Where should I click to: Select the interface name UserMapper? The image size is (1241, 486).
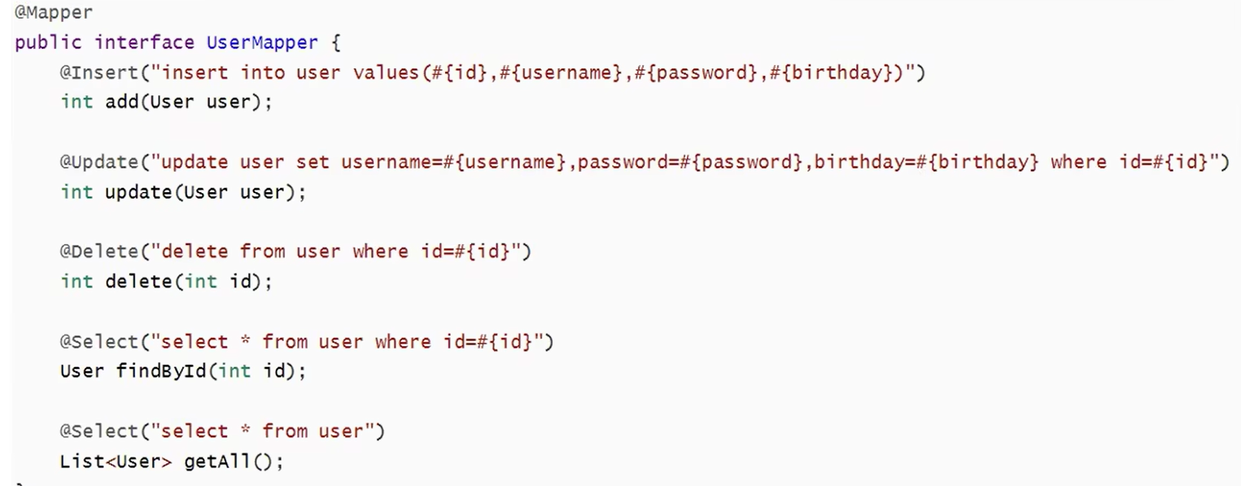(263, 42)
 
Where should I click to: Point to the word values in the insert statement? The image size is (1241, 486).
(386, 72)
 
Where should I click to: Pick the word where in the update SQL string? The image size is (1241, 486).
(1078, 162)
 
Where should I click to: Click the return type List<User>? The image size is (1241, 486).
(116, 462)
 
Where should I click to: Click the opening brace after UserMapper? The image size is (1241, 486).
(336, 42)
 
